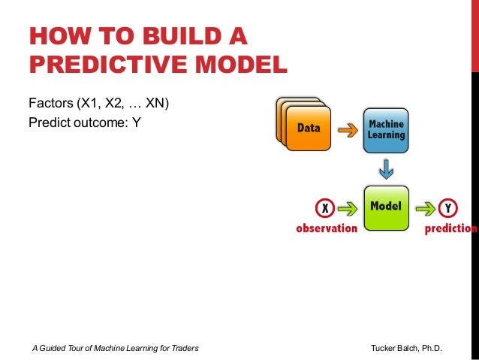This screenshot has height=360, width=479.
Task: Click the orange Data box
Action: [x=309, y=129]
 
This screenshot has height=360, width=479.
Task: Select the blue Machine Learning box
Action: [x=385, y=130]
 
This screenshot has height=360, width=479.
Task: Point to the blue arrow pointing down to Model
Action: [x=387, y=169]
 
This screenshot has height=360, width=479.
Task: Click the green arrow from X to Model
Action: [x=346, y=207]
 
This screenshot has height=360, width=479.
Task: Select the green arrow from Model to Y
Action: [x=426, y=207]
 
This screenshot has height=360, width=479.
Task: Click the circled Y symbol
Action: [x=448, y=207]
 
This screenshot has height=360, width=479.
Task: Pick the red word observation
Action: [x=326, y=228]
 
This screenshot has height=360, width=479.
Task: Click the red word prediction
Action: [x=450, y=228]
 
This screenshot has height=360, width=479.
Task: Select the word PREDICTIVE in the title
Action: [x=107, y=65]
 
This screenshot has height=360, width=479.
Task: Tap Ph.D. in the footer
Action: [x=430, y=349]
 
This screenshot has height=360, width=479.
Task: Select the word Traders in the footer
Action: [x=182, y=349]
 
